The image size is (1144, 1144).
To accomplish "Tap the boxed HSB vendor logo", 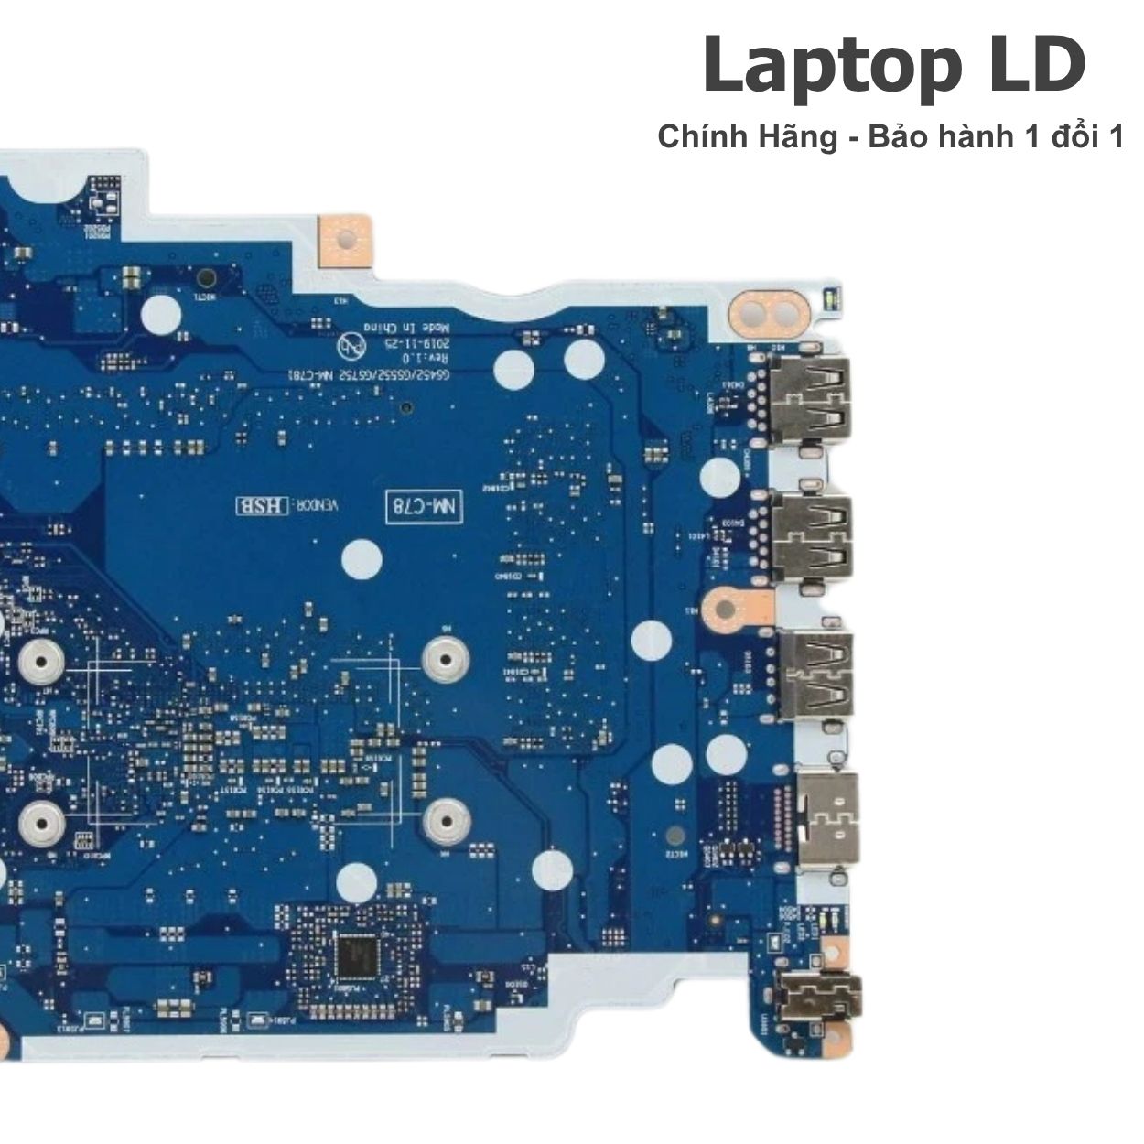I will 263,504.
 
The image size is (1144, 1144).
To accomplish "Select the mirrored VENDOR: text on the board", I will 316,504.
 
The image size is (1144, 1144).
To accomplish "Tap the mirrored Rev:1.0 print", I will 422,357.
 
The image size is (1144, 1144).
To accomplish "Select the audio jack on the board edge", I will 816,988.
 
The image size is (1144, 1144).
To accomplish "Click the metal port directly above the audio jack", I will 828,821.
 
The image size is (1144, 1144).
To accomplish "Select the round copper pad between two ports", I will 729,607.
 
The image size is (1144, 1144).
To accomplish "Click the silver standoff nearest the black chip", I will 447,819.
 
